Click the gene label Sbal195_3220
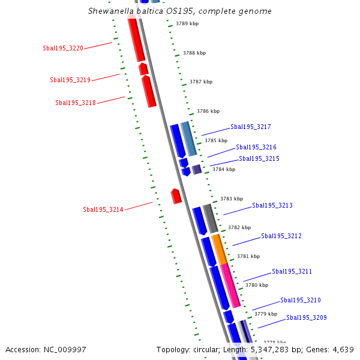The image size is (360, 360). [63, 48]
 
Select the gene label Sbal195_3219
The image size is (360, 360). [70, 80]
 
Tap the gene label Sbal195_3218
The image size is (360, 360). [76, 103]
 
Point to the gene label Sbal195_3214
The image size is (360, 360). [103, 209]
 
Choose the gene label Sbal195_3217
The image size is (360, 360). [251, 127]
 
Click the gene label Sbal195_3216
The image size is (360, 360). [256, 147]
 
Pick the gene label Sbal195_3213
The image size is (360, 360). [272, 205]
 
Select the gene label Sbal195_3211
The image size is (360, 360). [292, 271]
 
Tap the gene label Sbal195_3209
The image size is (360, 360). [307, 317]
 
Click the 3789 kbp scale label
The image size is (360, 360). [187, 24]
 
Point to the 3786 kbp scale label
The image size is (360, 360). [208, 111]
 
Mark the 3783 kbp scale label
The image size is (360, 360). [232, 199]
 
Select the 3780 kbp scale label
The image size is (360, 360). [257, 285]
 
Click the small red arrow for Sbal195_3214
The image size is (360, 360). [176, 196]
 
